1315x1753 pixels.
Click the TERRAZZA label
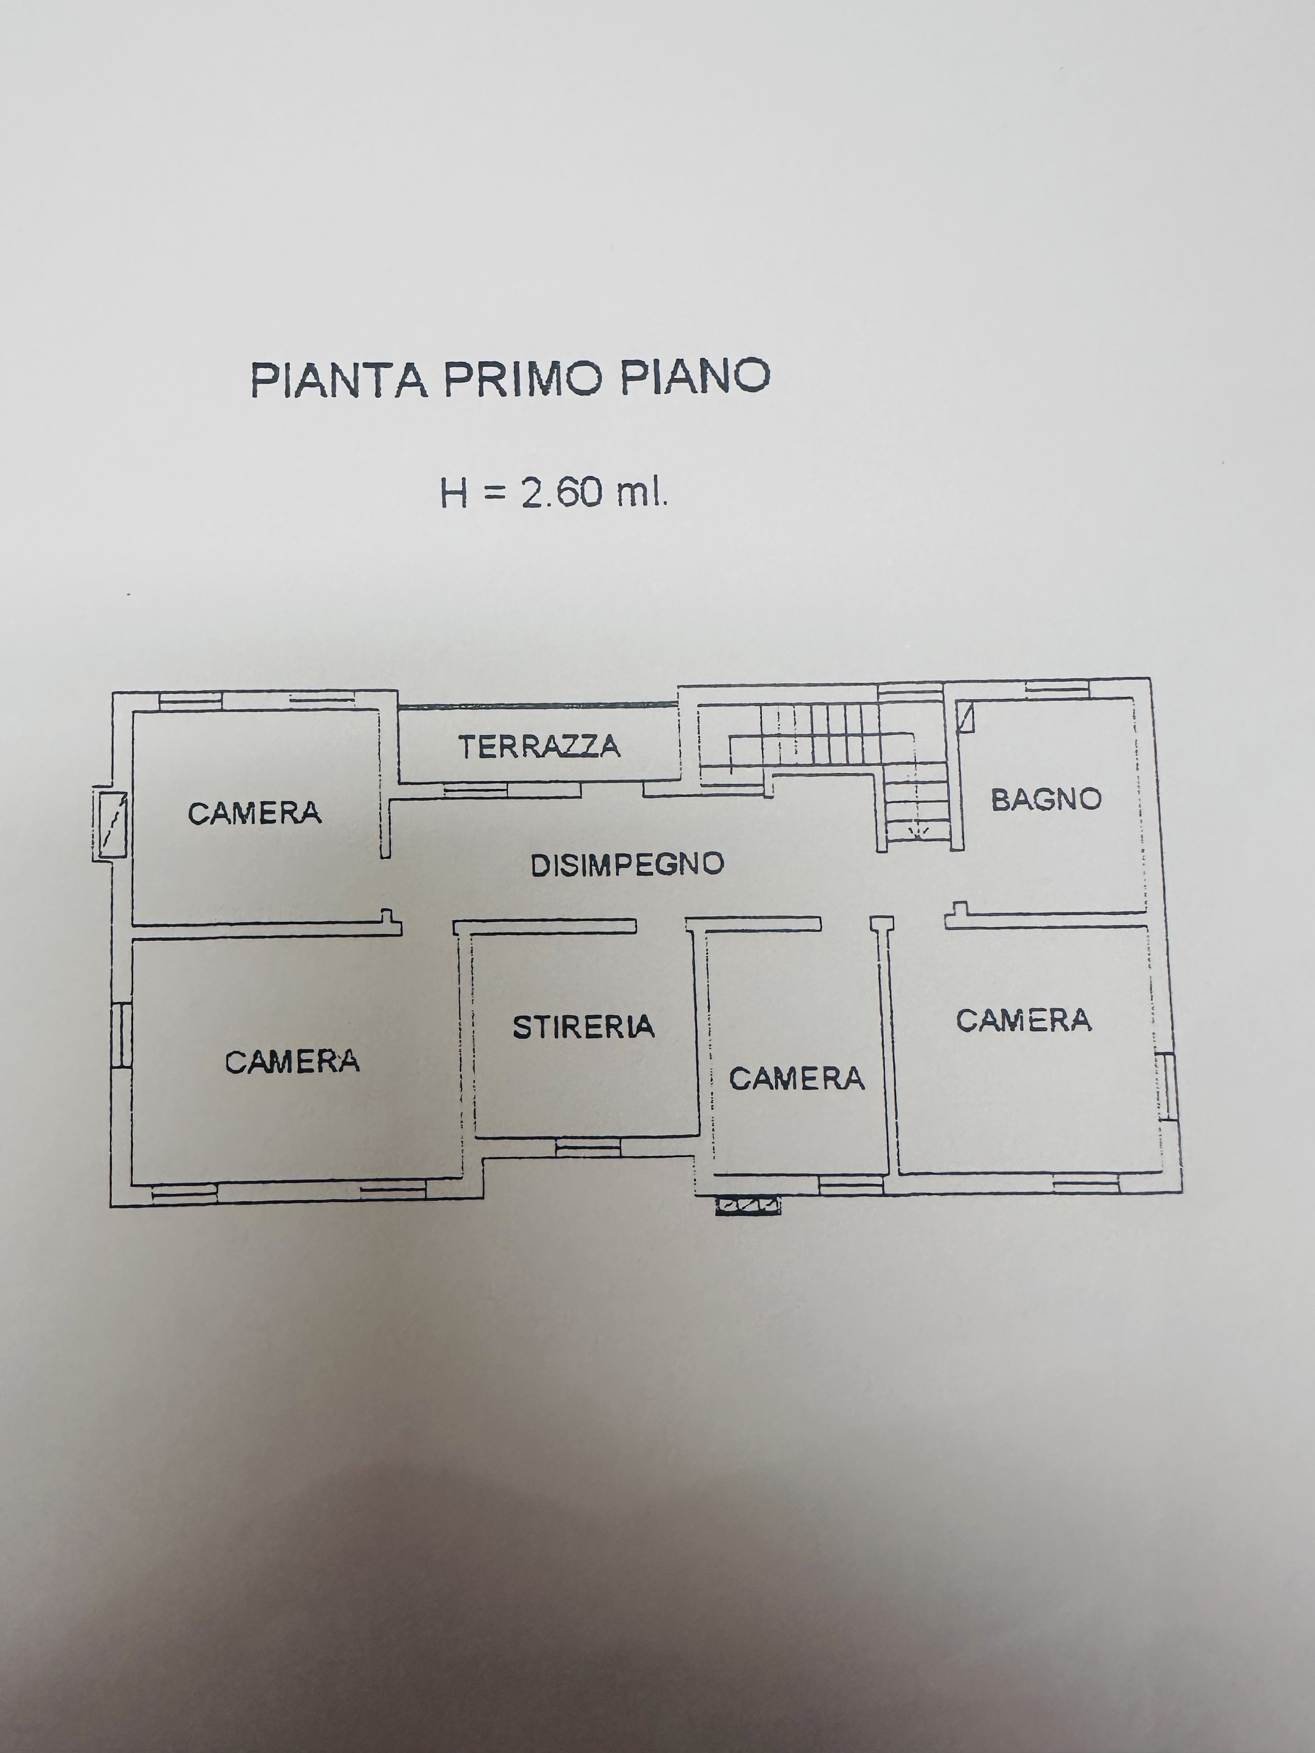coord(539,747)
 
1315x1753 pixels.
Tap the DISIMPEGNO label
coord(627,865)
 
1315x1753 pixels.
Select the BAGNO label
coord(1046,799)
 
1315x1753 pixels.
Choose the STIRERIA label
coord(584,1027)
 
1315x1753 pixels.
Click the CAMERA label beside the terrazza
coord(254,813)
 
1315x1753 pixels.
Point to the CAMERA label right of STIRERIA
coord(797,1079)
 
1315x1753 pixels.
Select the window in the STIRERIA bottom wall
coord(587,1147)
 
